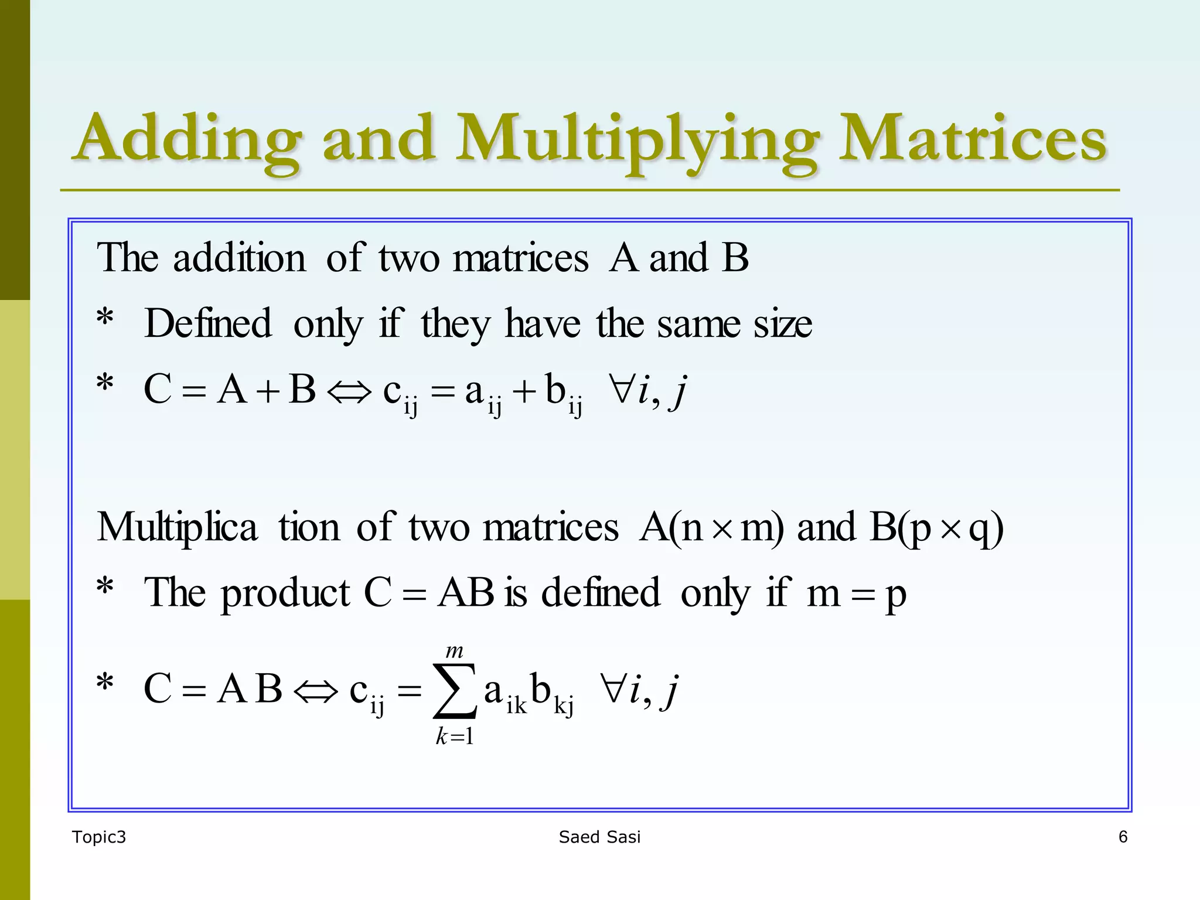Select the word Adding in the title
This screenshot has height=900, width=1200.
187,141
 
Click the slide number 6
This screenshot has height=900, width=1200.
1123,837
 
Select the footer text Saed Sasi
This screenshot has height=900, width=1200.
599,837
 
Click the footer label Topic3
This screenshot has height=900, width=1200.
99,837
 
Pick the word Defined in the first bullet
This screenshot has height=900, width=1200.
208,323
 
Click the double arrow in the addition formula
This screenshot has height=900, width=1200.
349,392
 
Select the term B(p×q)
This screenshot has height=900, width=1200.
937,528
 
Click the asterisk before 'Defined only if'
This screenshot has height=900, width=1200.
105,320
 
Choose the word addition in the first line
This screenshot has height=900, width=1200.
239,258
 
